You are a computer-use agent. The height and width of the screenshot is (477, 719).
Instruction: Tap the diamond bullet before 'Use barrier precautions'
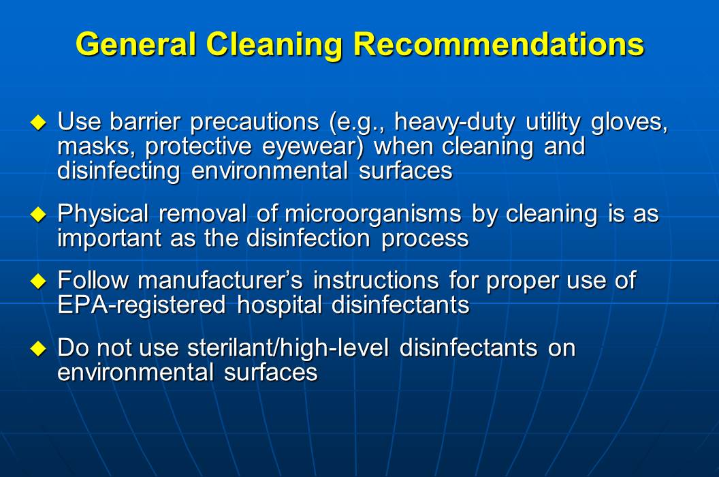[x=39, y=123]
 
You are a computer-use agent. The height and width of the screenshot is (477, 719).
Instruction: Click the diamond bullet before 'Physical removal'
[x=39, y=215]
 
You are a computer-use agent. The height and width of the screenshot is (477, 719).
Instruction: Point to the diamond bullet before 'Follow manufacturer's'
[x=39, y=281]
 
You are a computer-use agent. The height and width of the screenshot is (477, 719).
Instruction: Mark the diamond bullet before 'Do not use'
[x=39, y=349]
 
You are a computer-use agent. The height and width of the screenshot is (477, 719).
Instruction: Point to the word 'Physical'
[x=103, y=214]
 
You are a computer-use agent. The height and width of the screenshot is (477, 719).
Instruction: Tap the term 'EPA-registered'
[x=141, y=304]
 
